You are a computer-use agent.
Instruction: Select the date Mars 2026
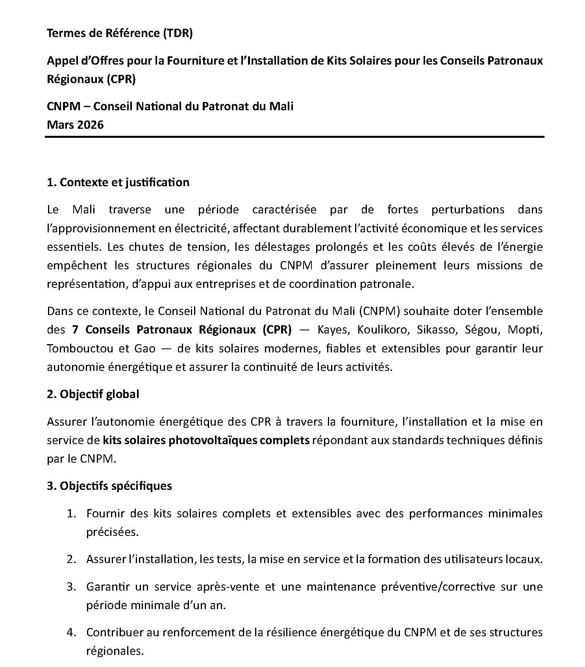click(75, 125)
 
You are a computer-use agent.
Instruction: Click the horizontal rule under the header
click(294, 137)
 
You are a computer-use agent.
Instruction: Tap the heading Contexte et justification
click(118, 182)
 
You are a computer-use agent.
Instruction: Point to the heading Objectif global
click(93, 394)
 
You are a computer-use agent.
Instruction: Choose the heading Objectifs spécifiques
click(109, 485)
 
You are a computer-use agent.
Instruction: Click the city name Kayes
click(333, 330)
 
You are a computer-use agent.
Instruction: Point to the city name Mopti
click(525, 330)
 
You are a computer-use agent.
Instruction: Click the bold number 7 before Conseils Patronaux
click(76, 330)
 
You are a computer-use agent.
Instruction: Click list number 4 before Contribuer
click(71, 632)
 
